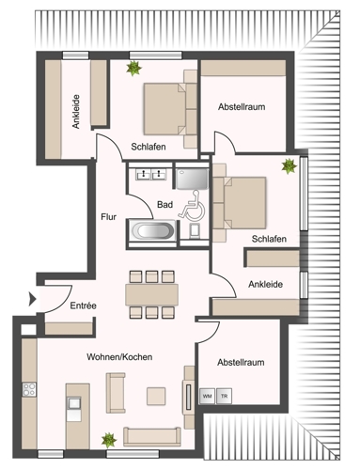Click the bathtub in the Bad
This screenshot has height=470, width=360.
[x=152, y=230]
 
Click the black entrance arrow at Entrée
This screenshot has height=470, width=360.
[x=33, y=300]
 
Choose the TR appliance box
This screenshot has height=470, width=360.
[x=224, y=396]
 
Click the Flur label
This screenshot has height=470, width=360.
[x=109, y=217]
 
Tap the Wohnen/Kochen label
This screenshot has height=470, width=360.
[x=119, y=357]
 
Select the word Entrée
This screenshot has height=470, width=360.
[x=83, y=306]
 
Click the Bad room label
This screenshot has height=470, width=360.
[x=165, y=203]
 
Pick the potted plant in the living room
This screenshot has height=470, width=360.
[x=109, y=438]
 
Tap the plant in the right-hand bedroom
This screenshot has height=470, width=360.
[x=289, y=165]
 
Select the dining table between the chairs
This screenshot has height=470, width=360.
[x=151, y=293]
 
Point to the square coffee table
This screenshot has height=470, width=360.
[x=155, y=394]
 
